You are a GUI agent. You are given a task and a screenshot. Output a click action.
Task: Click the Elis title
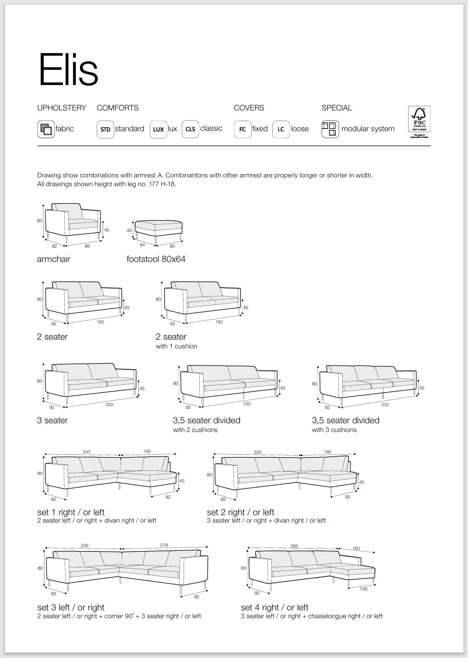68,70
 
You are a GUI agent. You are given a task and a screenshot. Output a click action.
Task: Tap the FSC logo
419,122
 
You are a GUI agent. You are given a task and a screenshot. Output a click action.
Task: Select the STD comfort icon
105,129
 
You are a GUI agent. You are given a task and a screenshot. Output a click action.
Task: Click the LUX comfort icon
158,129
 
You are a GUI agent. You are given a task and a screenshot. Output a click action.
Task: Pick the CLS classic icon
190,129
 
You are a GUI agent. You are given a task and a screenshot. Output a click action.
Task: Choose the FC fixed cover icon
242,129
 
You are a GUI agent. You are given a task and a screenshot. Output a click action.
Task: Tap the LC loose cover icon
281,129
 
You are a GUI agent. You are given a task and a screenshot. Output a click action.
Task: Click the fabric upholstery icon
45,129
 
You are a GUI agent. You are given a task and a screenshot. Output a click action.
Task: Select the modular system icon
330,129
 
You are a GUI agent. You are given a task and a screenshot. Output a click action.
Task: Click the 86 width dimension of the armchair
87,246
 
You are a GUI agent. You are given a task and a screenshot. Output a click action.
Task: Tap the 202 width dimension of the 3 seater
110,405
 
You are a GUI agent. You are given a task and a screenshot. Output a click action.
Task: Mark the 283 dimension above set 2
258,452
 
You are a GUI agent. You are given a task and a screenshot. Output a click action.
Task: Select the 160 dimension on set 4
356,548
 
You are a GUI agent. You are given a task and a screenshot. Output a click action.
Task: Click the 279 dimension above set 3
164,546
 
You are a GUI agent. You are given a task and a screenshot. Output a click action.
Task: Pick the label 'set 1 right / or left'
71,512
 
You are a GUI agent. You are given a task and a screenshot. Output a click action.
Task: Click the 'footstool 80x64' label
156,259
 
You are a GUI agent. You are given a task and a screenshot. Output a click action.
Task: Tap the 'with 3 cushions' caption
334,430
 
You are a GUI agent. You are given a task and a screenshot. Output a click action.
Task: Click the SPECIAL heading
337,108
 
